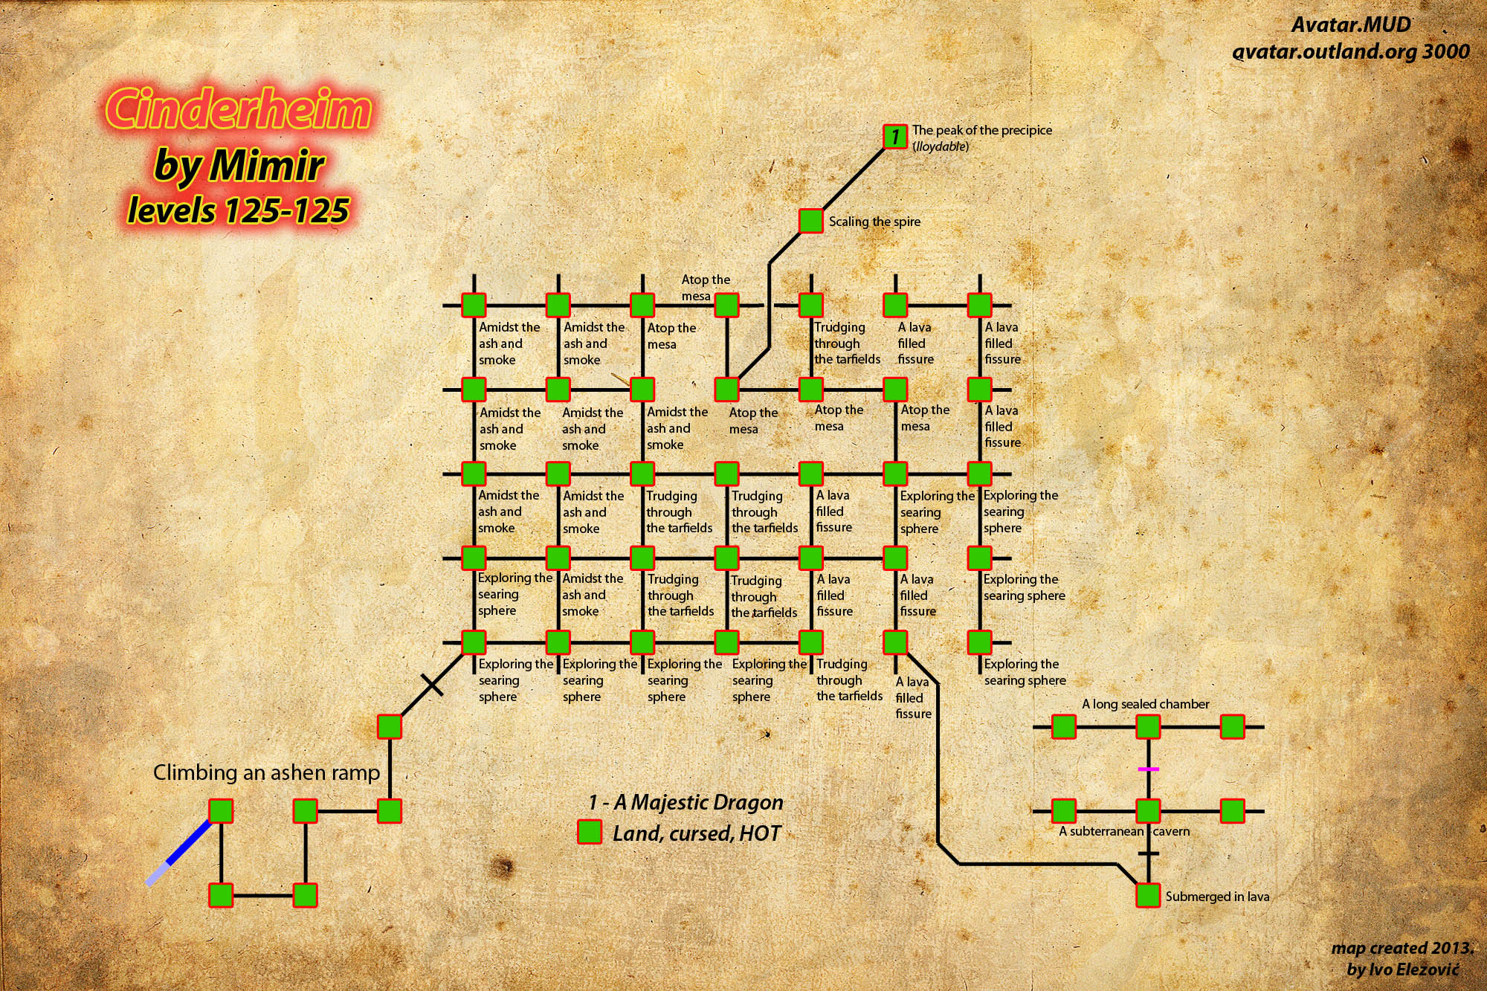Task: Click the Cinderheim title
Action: pos(238,109)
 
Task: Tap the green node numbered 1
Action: pos(895,137)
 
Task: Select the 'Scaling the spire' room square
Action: pos(811,221)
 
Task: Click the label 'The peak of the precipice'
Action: pos(982,130)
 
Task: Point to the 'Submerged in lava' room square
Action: pos(1148,895)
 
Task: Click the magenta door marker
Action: pos(1149,769)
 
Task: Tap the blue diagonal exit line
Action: pos(178,853)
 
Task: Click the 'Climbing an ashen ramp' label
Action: pos(266,772)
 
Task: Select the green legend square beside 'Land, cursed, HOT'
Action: pos(590,832)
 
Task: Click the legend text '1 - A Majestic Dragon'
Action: pos(686,802)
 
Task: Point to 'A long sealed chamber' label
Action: pos(1145,704)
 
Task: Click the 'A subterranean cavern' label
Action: pos(1124,831)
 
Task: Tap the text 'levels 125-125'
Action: pos(238,210)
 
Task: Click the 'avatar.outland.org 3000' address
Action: pos(1351,51)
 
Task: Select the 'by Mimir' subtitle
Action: pos(239,165)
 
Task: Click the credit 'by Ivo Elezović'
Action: pos(1403,969)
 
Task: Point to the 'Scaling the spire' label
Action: pos(874,222)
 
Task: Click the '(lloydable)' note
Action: pos(941,146)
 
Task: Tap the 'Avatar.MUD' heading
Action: pos(1351,25)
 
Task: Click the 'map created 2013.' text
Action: pos(1402,948)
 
